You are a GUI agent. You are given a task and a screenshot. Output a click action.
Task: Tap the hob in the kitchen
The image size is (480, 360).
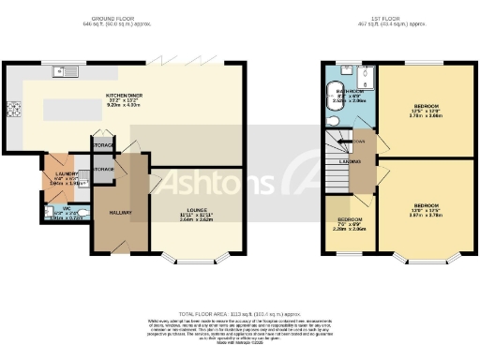tap(14, 110)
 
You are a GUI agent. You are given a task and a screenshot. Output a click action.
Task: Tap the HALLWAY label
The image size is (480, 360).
tap(120, 212)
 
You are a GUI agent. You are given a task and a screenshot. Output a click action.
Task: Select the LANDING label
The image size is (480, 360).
tap(349, 162)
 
